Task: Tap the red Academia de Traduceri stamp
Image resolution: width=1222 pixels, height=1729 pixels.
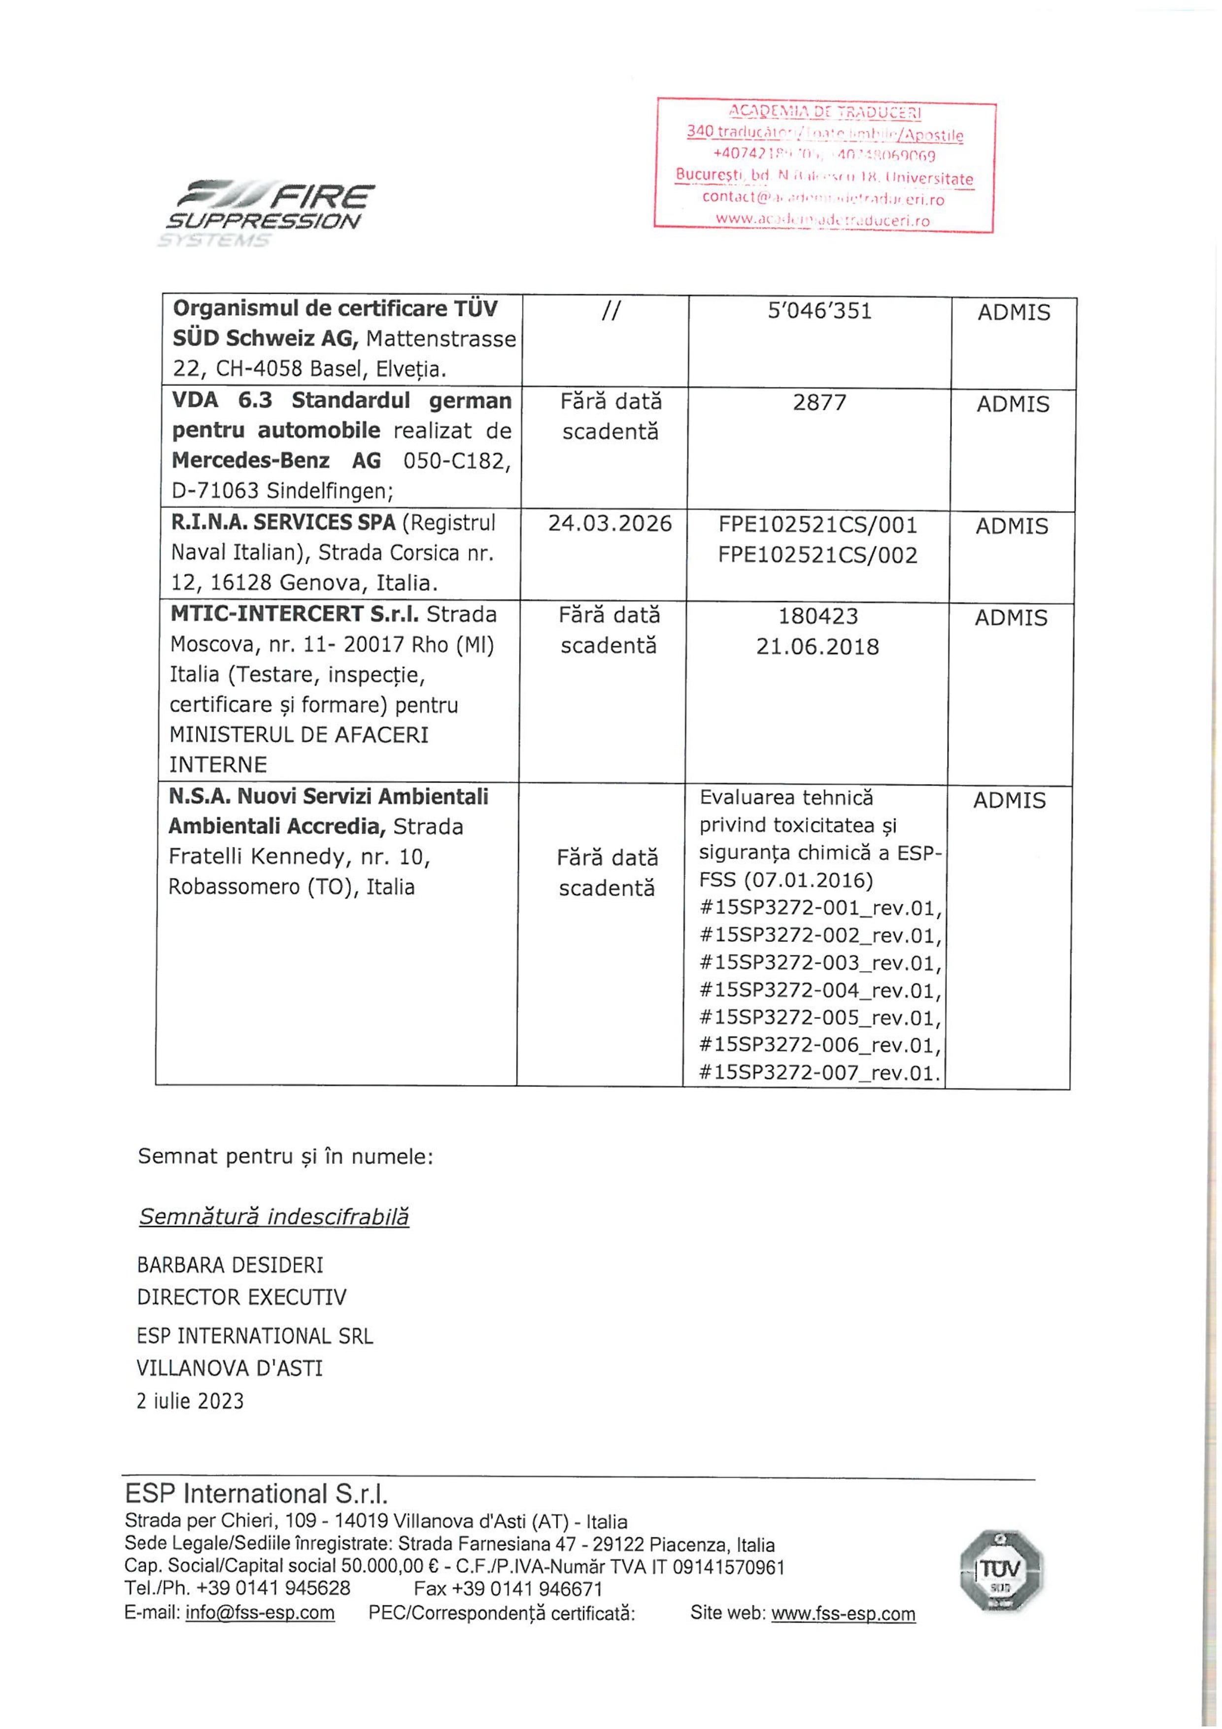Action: [825, 166]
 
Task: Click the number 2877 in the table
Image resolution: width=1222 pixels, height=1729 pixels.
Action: [819, 403]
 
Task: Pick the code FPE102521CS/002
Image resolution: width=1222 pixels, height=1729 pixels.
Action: [817, 556]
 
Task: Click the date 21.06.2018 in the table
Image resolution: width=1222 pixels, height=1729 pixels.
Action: [817, 647]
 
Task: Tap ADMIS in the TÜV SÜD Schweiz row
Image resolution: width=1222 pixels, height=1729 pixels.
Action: [1014, 312]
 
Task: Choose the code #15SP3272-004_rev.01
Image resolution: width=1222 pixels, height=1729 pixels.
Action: [820, 991]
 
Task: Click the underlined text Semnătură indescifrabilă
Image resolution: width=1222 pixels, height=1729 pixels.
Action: [274, 1217]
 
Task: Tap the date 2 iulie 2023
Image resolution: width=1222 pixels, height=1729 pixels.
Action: [191, 1401]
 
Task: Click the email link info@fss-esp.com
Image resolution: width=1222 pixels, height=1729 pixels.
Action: [260, 1613]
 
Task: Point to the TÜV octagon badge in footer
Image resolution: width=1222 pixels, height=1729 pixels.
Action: [1001, 1570]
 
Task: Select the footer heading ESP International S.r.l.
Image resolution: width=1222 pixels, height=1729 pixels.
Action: [256, 1494]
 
